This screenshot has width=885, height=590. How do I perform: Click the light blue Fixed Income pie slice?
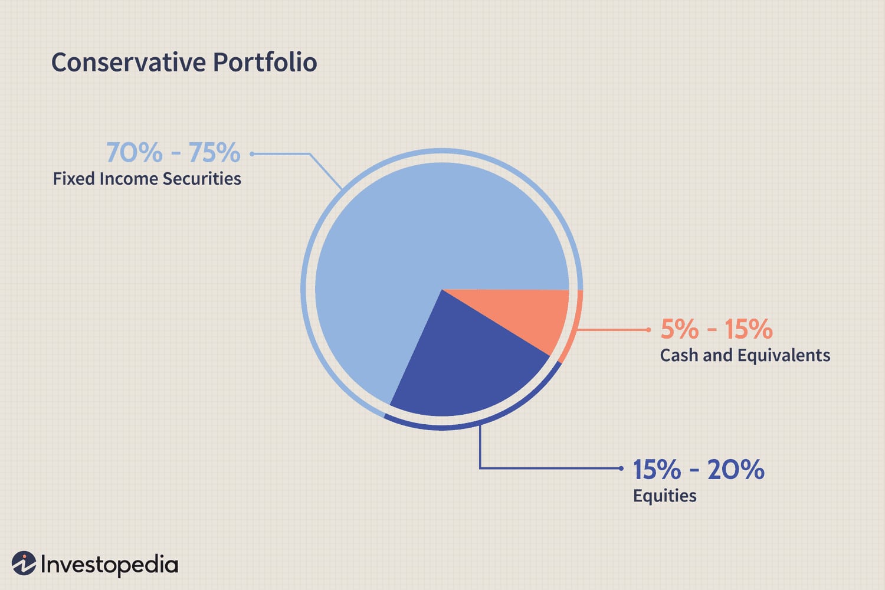[x=413, y=236]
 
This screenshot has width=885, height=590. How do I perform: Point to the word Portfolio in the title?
[x=265, y=63]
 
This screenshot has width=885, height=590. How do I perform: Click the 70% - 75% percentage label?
[x=173, y=153]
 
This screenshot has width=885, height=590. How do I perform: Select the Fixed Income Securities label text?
[x=147, y=179]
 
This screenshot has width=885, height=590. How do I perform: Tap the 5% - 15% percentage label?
[x=716, y=329]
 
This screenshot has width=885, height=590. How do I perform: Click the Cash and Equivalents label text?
[x=745, y=355]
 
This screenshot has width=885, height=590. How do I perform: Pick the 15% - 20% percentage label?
[x=699, y=470]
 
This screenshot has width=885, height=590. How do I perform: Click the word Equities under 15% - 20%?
[x=664, y=496]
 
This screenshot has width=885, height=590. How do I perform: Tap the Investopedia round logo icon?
[x=24, y=563]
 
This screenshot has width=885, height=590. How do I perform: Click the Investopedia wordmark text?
[x=109, y=565]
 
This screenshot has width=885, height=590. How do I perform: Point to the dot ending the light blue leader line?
[x=252, y=154]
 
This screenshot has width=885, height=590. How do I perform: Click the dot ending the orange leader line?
[x=648, y=330]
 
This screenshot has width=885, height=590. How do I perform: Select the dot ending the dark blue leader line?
[x=621, y=468]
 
